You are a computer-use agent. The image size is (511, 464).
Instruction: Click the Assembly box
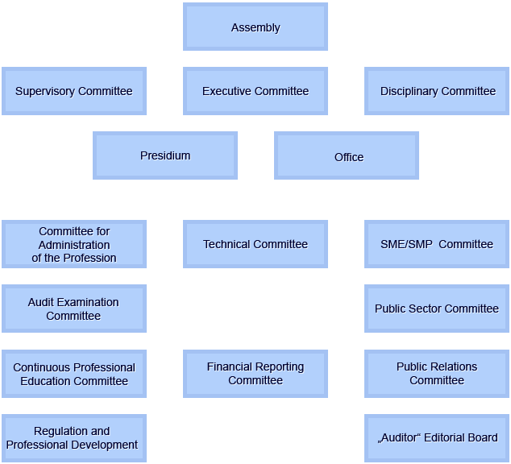coord(255,27)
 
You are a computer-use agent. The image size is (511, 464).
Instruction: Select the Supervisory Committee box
coord(74,91)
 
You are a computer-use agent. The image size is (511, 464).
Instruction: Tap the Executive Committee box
coord(255,91)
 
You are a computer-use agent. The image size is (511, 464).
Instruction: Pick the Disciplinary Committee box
coord(437,91)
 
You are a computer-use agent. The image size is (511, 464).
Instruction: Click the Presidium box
coord(165,155)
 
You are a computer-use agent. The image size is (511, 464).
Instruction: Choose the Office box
coord(347,155)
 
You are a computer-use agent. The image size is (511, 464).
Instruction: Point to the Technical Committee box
coord(255,244)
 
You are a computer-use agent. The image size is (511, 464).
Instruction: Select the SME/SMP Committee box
coord(437,244)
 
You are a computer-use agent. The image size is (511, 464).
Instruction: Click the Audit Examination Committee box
coord(74,309)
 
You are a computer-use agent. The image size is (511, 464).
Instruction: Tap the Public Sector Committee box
coord(437,309)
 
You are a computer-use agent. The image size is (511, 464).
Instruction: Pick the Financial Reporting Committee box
coord(255,374)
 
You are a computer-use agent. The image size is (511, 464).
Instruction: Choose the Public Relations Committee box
coord(437,374)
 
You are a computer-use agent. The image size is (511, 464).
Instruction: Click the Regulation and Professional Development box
coord(74,438)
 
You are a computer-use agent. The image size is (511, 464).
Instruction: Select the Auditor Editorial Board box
coord(437,438)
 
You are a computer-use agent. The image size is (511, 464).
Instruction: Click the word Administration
coord(74,245)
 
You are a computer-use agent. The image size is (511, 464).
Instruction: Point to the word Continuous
coord(37,367)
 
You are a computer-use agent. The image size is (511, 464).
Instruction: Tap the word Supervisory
coord(45,92)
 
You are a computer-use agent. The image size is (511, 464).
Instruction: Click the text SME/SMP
coord(406,244)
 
